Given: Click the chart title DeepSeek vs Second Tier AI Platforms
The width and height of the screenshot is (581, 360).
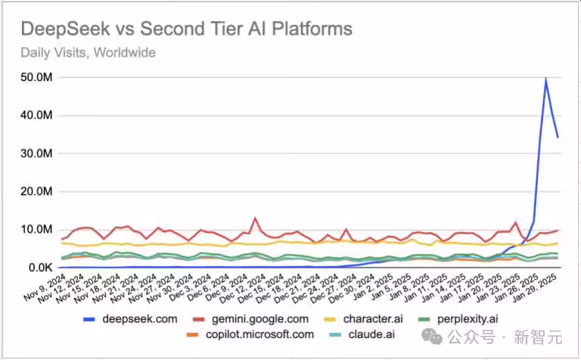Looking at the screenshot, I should (x=185, y=29).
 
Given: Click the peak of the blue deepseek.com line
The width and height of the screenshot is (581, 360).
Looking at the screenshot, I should (x=546, y=79).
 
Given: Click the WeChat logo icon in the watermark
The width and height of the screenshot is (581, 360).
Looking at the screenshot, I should (x=438, y=334).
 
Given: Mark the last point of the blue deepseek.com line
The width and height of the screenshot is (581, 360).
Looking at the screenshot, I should (x=558, y=137).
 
